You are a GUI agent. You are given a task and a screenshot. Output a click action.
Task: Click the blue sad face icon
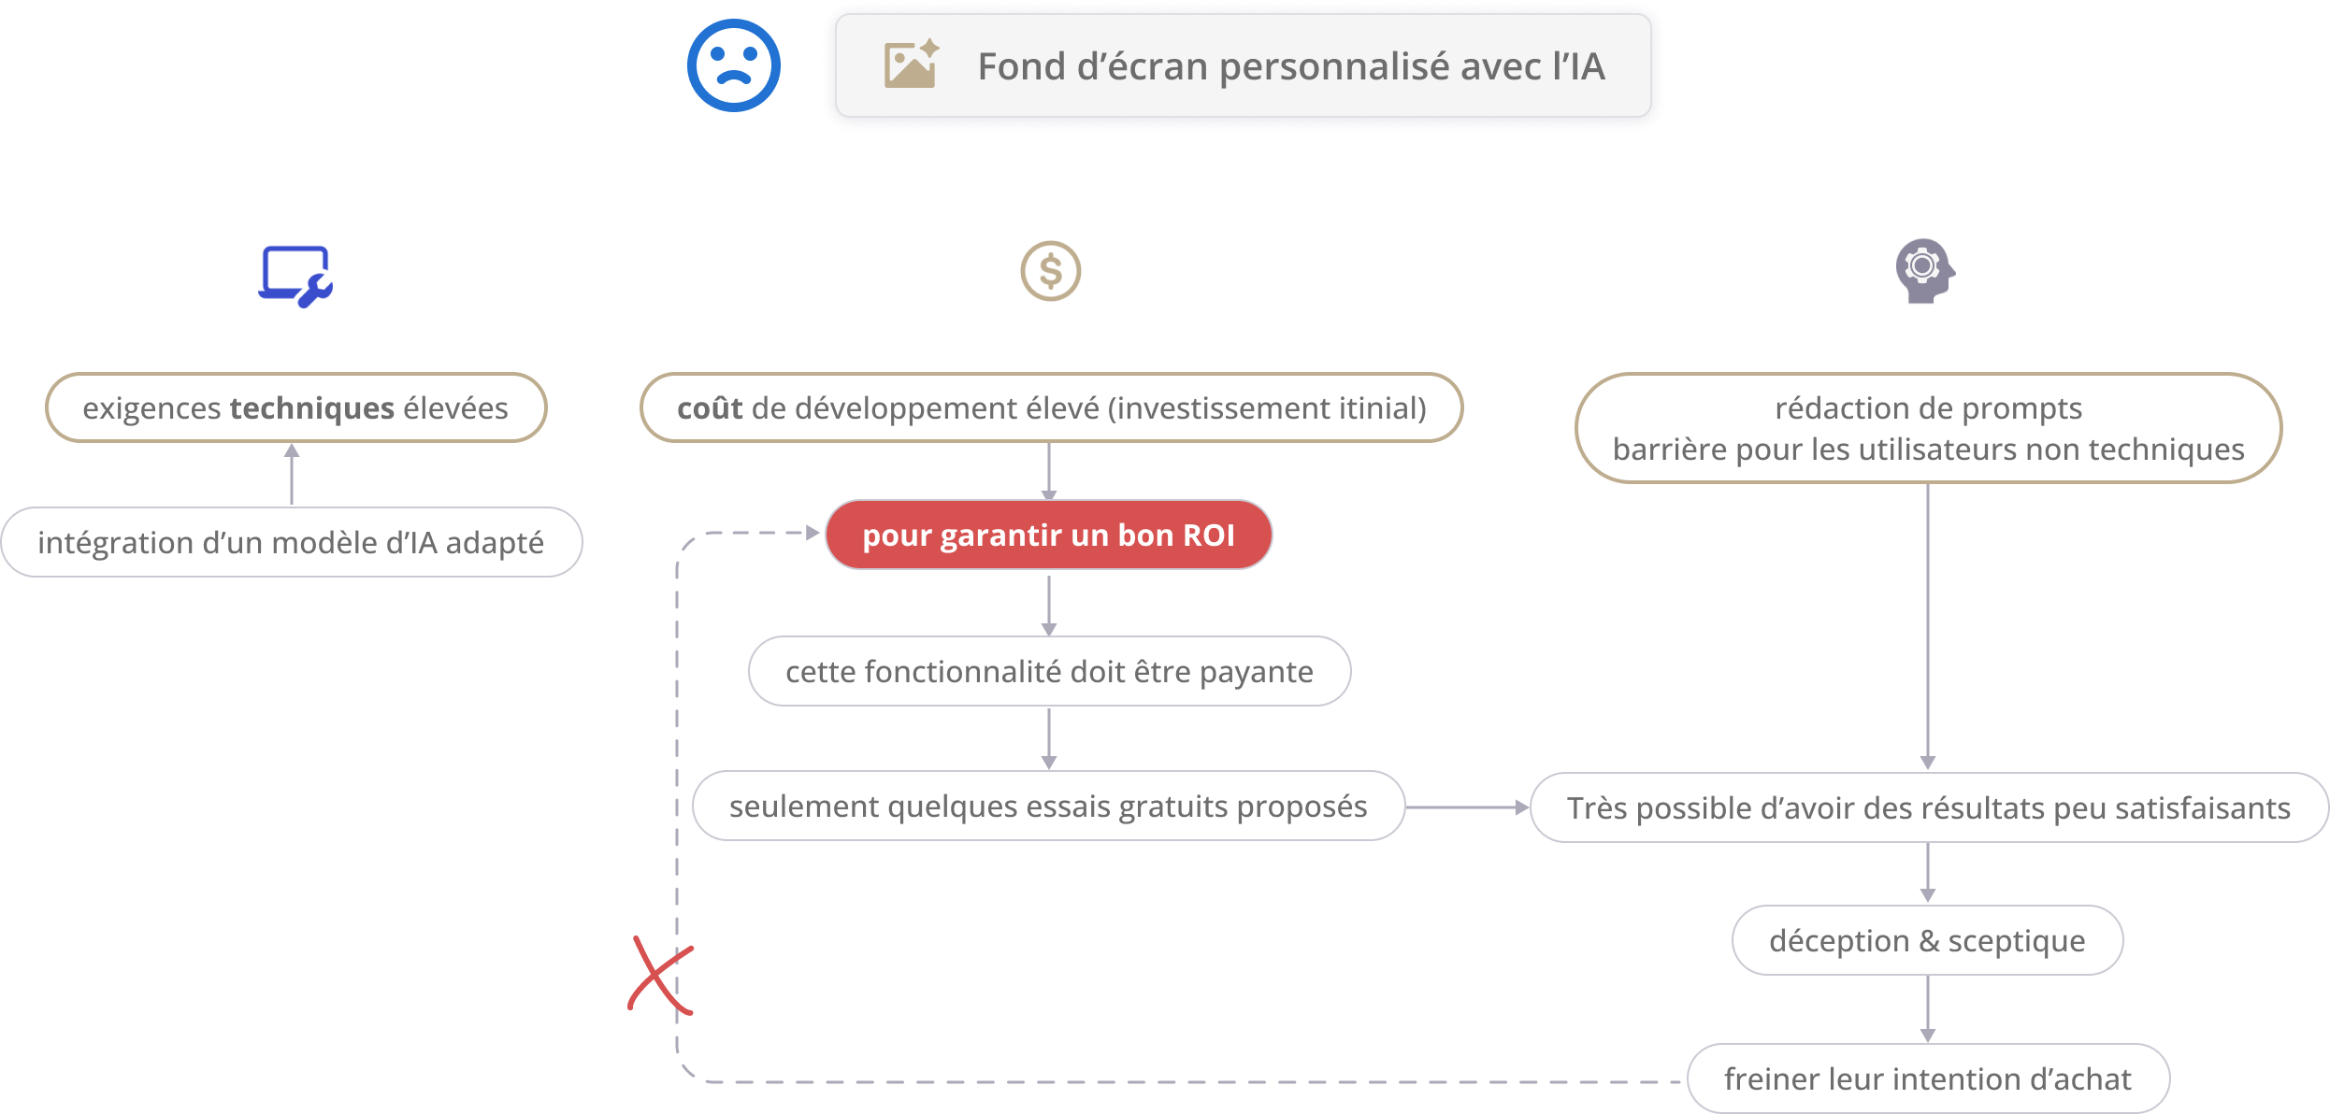pyautogui.click(x=734, y=65)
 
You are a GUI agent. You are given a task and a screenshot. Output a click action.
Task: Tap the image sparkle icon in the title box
pyautogui.click(x=911, y=64)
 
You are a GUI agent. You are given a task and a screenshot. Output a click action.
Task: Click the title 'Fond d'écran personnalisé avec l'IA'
pyautogui.click(x=1291, y=66)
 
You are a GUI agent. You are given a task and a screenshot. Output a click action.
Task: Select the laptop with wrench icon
pyautogui.click(x=295, y=276)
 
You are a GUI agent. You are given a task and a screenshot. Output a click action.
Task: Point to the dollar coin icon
pyautogui.click(x=1050, y=272)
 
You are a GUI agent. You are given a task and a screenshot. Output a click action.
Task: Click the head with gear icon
pyautogui.click(x=1924, y=271)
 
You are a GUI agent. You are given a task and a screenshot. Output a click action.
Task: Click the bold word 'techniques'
pyautogui.click(x=312, y=408)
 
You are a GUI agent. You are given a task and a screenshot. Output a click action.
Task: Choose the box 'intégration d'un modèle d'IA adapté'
pyautogui.click(x=291, y=543)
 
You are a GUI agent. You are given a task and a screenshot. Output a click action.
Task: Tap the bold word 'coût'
pyautogui.click(x=710, y=408)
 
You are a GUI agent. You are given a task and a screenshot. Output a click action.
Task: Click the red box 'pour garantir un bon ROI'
pyautogui.click(x=1048, y=536)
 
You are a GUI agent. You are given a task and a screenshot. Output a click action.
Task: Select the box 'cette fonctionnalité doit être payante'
pyautogui.click(x=1049, y=672)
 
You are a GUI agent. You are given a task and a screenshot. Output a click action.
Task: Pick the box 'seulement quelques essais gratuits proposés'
pyautogui.click(x=1048, y=807)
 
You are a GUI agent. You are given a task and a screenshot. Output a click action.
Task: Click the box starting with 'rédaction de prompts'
pyautogui.click(x=1928, y=429)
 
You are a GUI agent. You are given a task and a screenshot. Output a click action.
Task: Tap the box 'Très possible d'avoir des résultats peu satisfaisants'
pyautogui.click(x=1928, y=808)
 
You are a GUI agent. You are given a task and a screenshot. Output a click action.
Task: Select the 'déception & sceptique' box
pyautogui.click(x=1927, y=941)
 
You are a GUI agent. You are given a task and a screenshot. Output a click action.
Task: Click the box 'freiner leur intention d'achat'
pyautogui.click(x=1927, y=1079)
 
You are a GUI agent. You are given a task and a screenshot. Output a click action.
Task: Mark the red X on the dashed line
pyautogui.click(x=661, y=976)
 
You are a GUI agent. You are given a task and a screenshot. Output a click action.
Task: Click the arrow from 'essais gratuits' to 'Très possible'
pyautogui.click(x=1467, y=807)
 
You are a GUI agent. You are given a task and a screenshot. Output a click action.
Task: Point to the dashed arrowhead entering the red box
pyautogui.click(x=813, y=533)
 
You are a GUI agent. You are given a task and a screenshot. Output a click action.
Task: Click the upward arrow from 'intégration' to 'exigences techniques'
pyautogui.click(x=292, y=474)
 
